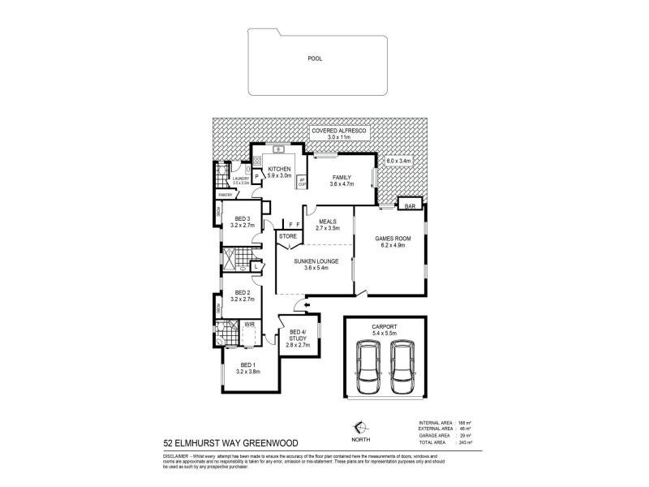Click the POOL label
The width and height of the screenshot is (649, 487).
click(x=315, y=58)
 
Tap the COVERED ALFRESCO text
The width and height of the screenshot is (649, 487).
click(x=341, y=131)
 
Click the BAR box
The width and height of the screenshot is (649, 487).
click(x=410, y=206)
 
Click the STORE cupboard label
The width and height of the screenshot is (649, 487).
click(x=288, y=236)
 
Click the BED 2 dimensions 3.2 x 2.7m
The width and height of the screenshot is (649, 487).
click(x=244, y=299)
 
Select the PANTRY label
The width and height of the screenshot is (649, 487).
click(x=225, y=195)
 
